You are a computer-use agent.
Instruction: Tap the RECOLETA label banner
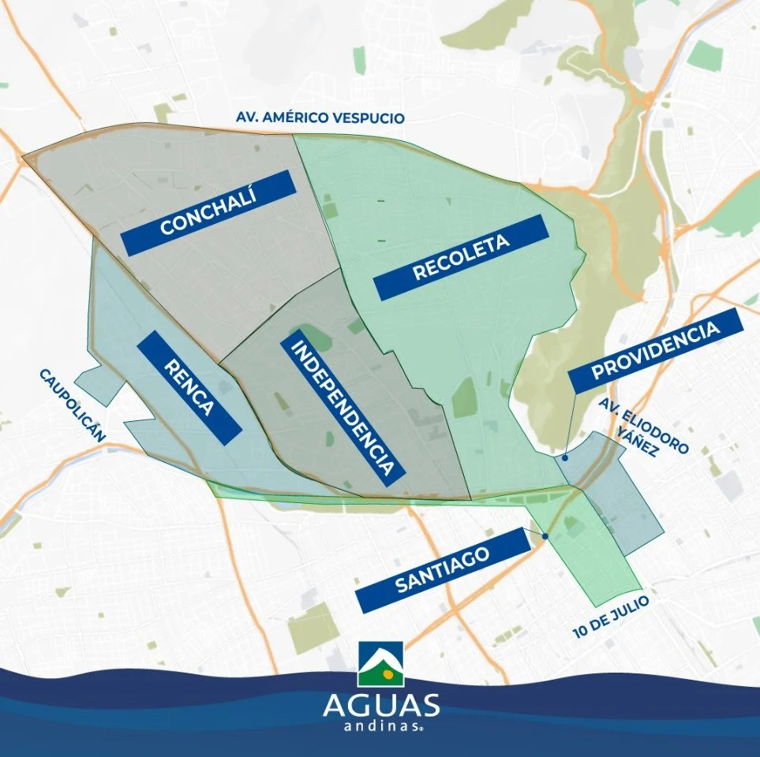461,257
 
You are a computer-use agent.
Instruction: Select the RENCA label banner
189,386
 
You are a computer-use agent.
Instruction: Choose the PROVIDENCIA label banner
657,351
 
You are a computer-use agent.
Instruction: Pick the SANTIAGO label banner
442,570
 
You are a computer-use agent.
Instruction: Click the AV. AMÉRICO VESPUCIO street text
320,117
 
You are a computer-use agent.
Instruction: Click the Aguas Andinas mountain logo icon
380,664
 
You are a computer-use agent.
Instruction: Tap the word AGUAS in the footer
380,705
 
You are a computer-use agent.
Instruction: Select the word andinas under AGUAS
380,729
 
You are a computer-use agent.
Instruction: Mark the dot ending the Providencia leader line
565,457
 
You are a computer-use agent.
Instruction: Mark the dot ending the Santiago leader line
545,536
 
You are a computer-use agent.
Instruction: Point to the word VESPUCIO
371,117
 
